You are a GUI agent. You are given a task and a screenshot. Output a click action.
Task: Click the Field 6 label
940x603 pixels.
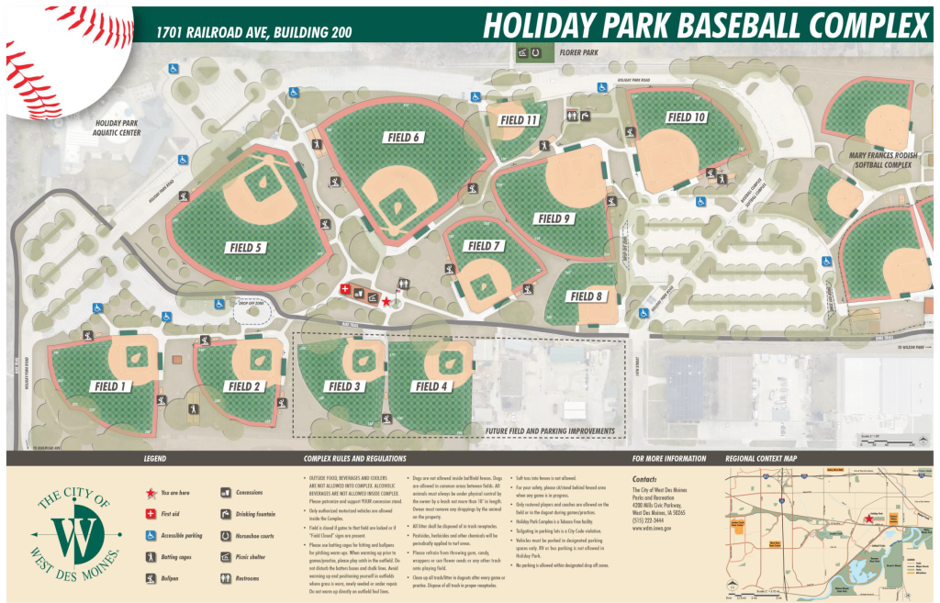tap(403, 138)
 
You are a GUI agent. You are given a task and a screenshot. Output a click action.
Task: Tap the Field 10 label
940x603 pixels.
tap(686, 117)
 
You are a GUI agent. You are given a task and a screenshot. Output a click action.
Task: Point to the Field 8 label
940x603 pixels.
tap(586, 296)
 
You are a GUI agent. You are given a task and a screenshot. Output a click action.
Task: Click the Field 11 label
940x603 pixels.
tap(519, 120)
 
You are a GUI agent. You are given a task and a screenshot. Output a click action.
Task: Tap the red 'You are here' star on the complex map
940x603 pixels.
tap(386, 301)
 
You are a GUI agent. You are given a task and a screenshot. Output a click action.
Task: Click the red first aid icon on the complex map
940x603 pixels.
tap(345, 289)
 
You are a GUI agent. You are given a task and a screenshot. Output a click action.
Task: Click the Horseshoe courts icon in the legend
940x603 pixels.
tap(227, 535)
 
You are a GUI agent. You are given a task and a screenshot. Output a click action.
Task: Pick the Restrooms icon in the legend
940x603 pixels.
tap(227, 578)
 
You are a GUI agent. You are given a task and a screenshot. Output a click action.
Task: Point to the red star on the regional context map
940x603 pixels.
tap(867, 519)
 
